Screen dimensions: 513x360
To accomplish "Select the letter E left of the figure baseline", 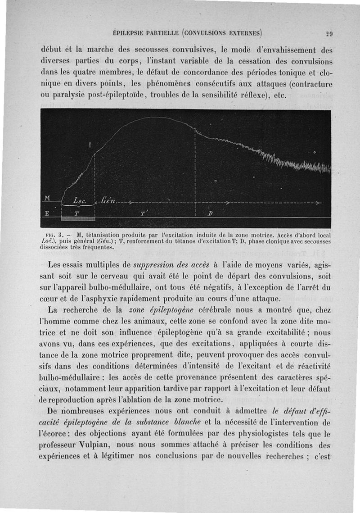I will pos(45,213).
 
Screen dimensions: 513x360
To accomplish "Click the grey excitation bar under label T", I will pos(77,218).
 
